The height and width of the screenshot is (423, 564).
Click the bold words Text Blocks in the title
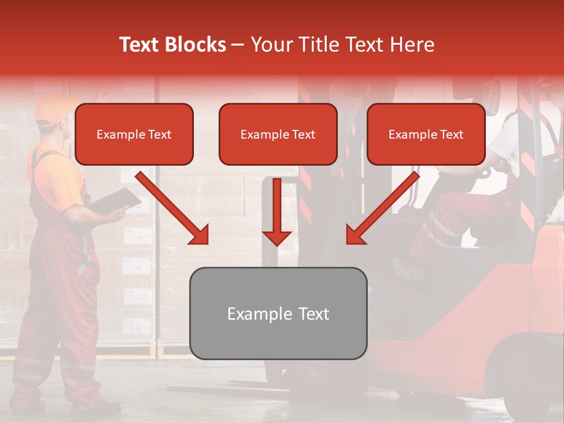click(172, 45)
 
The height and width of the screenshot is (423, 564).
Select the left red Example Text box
click(134, 135)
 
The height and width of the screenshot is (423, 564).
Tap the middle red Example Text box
click(278, 135)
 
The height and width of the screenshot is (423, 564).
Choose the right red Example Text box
click(426, 135)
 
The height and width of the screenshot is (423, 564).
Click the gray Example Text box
click(278, 314)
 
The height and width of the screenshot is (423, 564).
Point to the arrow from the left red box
click(170, 206)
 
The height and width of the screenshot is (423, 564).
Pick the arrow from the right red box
click(384, 206)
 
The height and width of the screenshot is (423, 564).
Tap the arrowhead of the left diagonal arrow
click(199, 235)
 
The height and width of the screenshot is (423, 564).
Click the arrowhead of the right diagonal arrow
click(355, 235)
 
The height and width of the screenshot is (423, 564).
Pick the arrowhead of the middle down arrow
click(277, 238)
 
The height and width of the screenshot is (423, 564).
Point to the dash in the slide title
click(238, 45)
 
